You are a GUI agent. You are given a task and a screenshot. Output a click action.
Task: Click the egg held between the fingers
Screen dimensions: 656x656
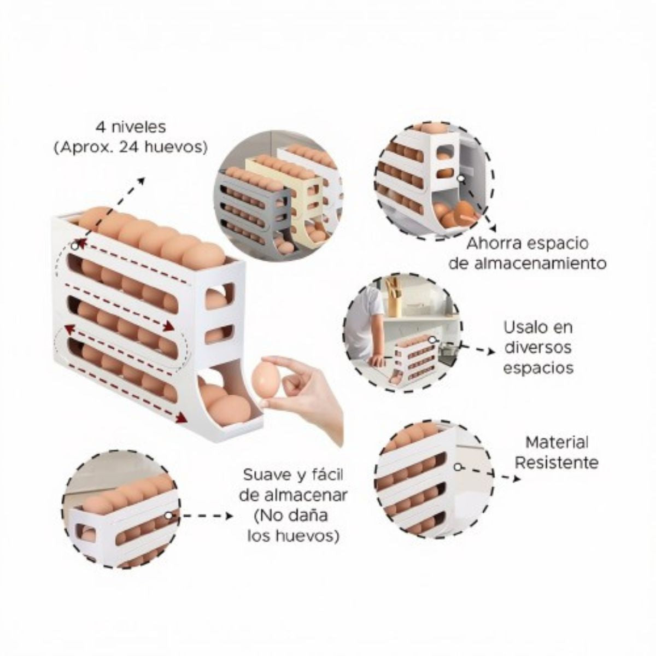[x=267, y=380]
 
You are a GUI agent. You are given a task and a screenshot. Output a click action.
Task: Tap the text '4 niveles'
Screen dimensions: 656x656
[x=131, y=127]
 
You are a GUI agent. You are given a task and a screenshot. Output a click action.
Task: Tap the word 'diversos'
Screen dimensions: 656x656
[x=538, y=348]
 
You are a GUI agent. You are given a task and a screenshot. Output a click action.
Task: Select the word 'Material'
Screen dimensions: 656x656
[x=557, y=443]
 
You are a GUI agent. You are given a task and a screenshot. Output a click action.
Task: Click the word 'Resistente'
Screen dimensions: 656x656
[x=557, y=462]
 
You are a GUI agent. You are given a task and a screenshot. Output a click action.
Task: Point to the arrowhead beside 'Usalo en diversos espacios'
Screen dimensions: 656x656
[x=491, y=352]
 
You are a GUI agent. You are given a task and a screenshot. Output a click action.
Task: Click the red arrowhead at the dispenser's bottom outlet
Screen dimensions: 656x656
[x=183, y=417]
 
